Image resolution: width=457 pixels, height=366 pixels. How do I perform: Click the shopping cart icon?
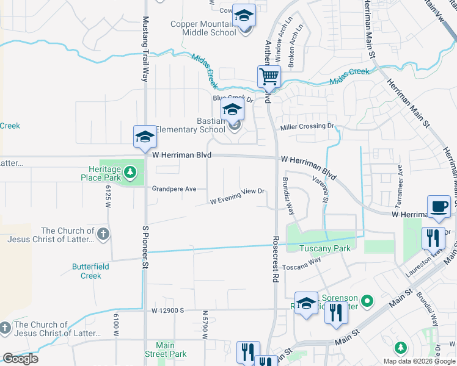(x=269, y=77)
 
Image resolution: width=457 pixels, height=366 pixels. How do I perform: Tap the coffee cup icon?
(x=439, y=206)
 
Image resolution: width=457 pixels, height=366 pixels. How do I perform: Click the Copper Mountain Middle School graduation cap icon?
(x=244, y=15)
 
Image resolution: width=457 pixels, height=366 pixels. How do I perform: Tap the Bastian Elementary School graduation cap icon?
(x=232, y=110)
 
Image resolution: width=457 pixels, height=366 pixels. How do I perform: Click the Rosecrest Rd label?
(x=276, y=259)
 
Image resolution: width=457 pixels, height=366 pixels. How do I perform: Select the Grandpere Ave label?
(x=174, y=189)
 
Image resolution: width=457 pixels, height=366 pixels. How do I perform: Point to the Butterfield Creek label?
(x=91, y=271)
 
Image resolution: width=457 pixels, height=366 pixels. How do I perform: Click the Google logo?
(x=20, y=359)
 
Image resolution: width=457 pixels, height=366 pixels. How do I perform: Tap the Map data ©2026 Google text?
(x=419, y=361)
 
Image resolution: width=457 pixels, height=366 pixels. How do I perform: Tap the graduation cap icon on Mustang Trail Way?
(x=145, y=137)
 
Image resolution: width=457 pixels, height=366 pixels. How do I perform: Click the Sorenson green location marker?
(x=367, y=300)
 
